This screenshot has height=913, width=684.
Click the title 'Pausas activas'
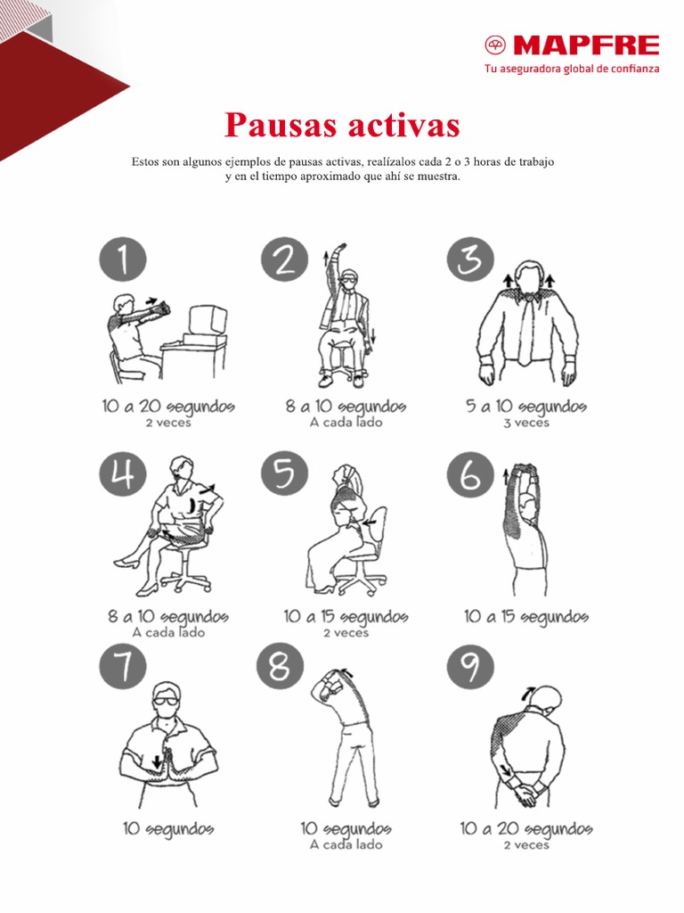(x=342, y=125)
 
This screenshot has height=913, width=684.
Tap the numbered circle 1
(x=122, y=259)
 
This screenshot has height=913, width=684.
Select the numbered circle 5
(x=285, y=473)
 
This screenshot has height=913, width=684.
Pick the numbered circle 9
(x=470, y=669)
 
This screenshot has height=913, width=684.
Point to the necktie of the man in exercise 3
(x=526, y=330)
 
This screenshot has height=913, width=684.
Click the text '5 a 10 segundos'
(x=525, y=407)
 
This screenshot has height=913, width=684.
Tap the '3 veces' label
(x=525, y=423)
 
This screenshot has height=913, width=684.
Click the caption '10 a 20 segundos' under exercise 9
(x=525, y=829)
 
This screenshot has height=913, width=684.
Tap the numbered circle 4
(x=122, y=473)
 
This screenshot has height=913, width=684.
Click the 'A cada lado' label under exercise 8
(x=346, y=844)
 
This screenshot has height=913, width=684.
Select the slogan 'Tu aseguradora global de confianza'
(x=571, y=69)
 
